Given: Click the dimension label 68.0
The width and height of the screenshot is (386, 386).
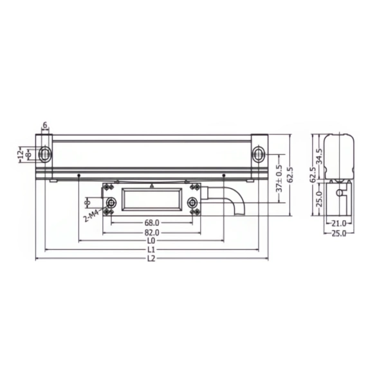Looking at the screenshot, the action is (x=152, y=223).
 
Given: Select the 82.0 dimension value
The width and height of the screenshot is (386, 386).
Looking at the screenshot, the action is (x=152, y=233).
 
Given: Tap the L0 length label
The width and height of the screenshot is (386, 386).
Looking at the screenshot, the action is (x=151, y=241).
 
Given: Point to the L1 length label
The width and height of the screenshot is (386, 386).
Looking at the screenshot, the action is (x=151, y=250).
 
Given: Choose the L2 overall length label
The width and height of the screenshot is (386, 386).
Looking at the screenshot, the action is (x=151, y=259).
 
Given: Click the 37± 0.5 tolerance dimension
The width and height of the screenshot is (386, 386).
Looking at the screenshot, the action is (x=279, y=178).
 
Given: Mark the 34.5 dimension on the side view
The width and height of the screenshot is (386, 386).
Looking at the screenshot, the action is (x=319, y=156).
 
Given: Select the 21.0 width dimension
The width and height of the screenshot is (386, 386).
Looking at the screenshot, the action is (x=339, y=223).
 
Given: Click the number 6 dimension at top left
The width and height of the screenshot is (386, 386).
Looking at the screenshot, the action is (x=45, y=125).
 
